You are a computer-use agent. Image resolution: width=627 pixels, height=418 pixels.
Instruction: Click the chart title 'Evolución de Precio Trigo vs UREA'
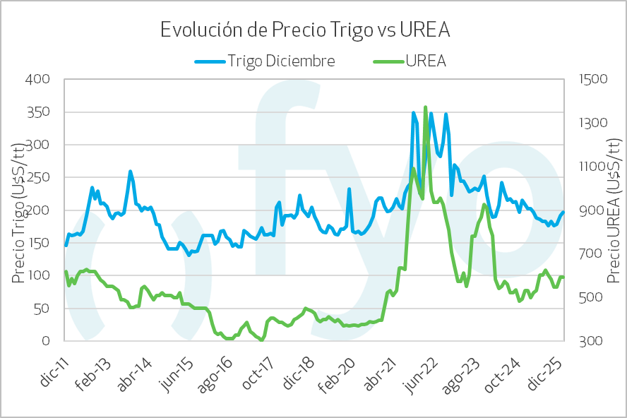tap(305, 30)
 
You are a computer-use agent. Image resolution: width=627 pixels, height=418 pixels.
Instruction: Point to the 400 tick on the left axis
tap(38, 79)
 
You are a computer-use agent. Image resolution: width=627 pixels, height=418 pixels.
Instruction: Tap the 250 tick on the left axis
tap(38, 177)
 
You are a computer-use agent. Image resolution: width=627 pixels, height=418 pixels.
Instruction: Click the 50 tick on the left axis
tap(42, 309)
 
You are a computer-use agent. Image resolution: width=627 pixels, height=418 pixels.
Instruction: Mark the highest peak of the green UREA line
tap(425, 107)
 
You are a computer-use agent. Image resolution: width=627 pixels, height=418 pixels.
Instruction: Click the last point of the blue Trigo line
tap(563, 212)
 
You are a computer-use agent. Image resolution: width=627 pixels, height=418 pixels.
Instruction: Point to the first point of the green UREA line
tap(66, 272)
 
